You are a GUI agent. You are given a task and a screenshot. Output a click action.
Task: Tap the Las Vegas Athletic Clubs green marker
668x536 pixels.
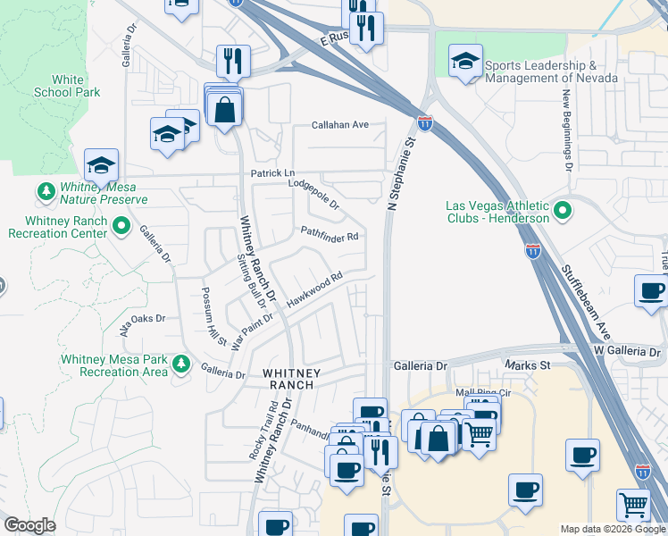(562, 211)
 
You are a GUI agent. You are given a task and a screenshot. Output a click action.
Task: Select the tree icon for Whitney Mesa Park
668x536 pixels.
(181, 364)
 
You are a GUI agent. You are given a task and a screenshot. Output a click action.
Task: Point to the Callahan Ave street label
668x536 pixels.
(339, 125)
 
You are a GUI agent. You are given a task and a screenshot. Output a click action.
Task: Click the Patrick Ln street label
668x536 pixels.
(271, 172)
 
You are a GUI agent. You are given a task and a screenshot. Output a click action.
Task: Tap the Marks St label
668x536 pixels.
(527, 365)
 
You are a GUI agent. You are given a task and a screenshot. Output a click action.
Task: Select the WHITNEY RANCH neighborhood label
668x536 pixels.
(288, 378)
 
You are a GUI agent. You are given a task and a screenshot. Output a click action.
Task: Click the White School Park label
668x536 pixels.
(67, 86)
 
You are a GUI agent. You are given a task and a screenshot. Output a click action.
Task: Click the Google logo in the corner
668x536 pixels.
(29, 525)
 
